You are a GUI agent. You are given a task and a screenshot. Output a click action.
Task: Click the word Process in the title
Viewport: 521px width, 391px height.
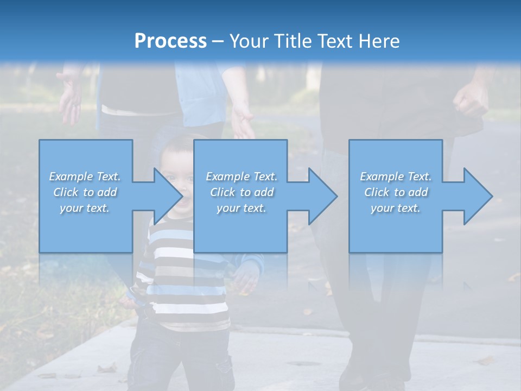170,41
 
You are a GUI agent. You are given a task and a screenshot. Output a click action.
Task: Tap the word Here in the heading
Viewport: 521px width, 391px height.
378,41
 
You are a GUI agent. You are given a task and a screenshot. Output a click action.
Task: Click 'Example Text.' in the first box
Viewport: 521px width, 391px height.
85,176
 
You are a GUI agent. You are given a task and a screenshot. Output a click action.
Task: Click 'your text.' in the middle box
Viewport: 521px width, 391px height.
241,208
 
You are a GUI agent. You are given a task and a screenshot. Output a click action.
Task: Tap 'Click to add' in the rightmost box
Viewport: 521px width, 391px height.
396,192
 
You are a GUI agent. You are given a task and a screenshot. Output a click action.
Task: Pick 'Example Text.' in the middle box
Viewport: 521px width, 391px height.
241,176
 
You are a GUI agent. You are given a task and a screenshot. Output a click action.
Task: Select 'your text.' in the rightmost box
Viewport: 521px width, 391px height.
396,208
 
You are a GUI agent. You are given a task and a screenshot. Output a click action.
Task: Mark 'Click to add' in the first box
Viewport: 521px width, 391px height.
85,192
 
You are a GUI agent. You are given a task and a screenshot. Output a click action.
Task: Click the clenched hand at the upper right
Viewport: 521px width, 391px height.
470,100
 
